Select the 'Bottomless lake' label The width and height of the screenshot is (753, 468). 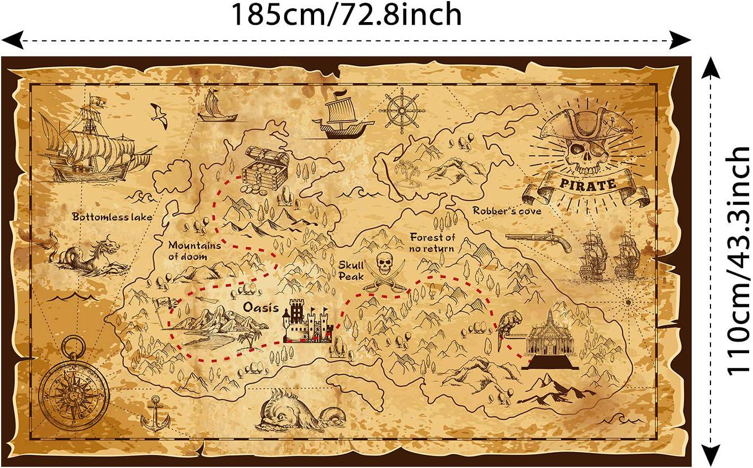[112, 217]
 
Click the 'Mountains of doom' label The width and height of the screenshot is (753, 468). [195, 251]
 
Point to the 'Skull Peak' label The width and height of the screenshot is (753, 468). [351, 270]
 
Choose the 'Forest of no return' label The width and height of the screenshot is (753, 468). [432, 243]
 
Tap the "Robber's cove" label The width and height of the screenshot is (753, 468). [506, 211]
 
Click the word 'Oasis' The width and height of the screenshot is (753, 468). [262, 307]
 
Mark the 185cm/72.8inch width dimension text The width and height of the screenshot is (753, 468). [346, 15]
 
